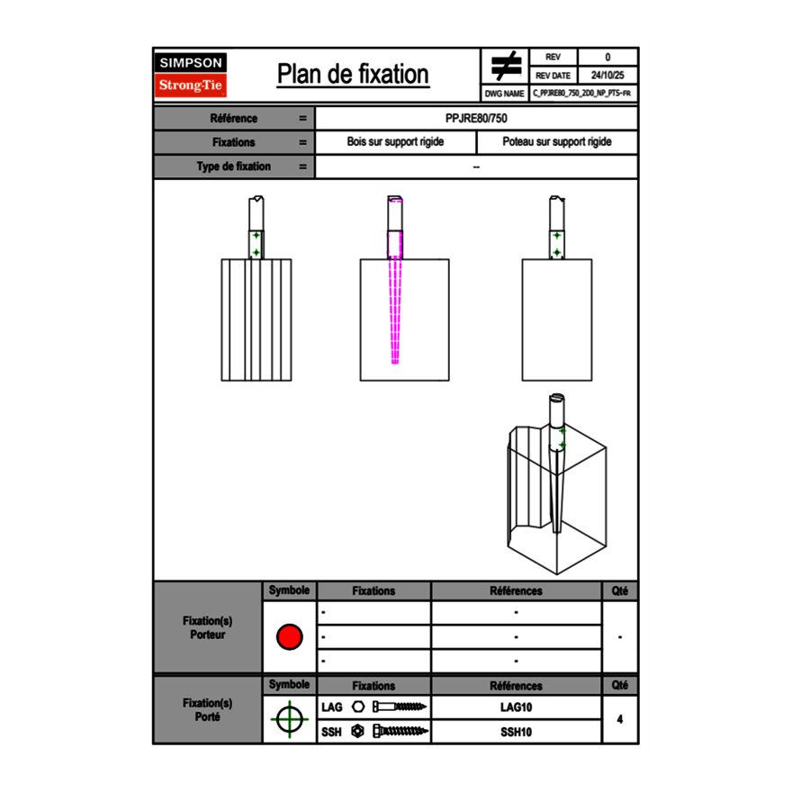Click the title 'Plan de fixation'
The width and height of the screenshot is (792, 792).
click(x=352, y=75)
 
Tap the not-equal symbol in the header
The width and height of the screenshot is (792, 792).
click(x=506, y=66)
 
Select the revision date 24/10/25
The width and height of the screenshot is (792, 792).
click(x=607, y=76)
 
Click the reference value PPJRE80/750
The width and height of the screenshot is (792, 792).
click(x=476, y=118)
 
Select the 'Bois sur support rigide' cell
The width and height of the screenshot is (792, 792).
click(x=395, y=142)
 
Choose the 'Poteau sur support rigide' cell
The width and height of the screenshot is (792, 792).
click(x=556, y=142)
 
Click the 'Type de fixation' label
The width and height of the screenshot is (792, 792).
click(x=233, y=166)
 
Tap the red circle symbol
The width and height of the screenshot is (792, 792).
click(x=289, y=636)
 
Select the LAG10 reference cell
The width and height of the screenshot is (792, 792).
click(x=516, y=707)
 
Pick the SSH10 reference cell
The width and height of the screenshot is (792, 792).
click(x=516, y=732)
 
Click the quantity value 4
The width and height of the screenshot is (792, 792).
click(x=619, y=719)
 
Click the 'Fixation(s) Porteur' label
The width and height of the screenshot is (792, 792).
click(x=208, y=627)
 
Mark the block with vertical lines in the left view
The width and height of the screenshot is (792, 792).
click(x=256, y=319)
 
